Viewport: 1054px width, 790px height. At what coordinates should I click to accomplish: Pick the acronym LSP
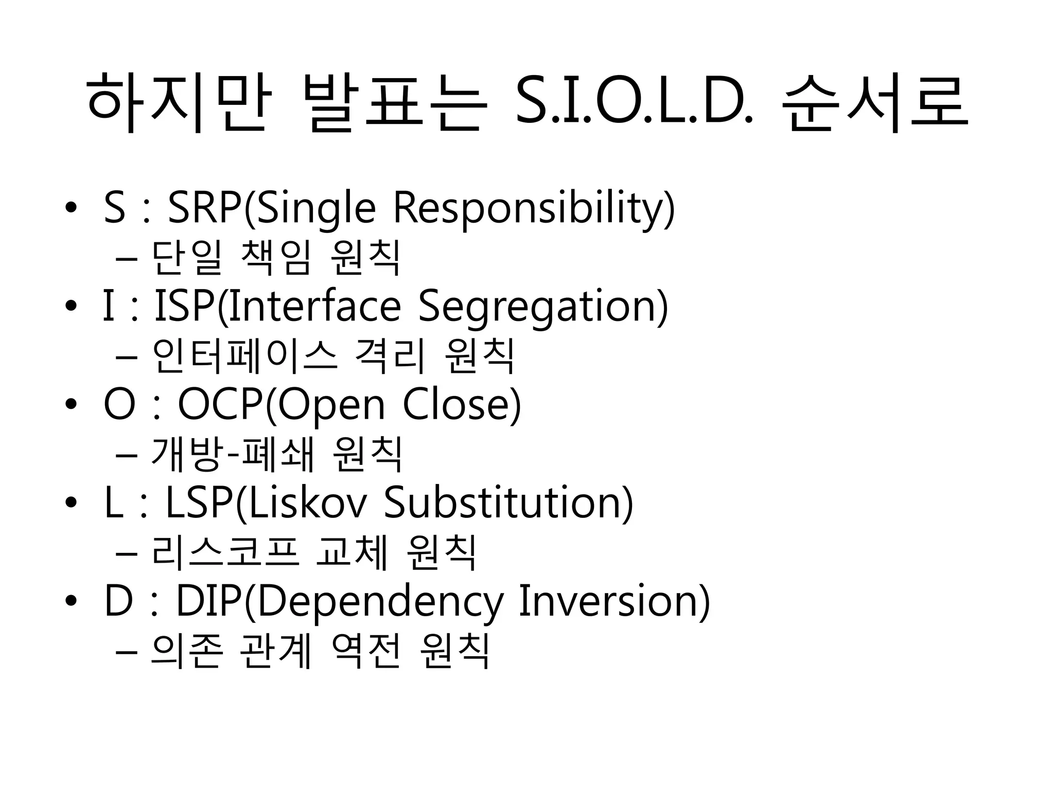point(199,503)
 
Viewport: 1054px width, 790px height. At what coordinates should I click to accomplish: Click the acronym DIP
point(208,601)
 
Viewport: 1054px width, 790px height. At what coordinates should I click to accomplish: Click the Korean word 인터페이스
point(244,356)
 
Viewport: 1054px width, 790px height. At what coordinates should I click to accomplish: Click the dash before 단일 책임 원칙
point(127,258)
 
